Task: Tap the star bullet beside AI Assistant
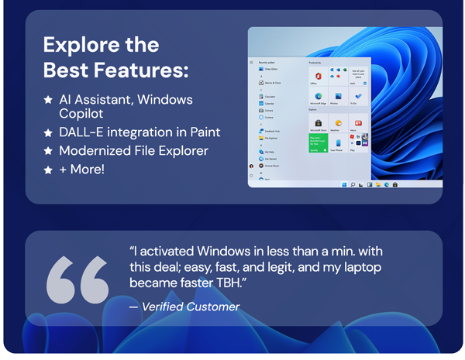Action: [48, 100]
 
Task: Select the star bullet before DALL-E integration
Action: [48, 132]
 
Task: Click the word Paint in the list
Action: [205, 132]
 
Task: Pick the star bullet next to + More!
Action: [48, 170]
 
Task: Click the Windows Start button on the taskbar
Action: [344, 185]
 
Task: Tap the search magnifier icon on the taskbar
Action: [353, 185]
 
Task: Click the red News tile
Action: [357, 123]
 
